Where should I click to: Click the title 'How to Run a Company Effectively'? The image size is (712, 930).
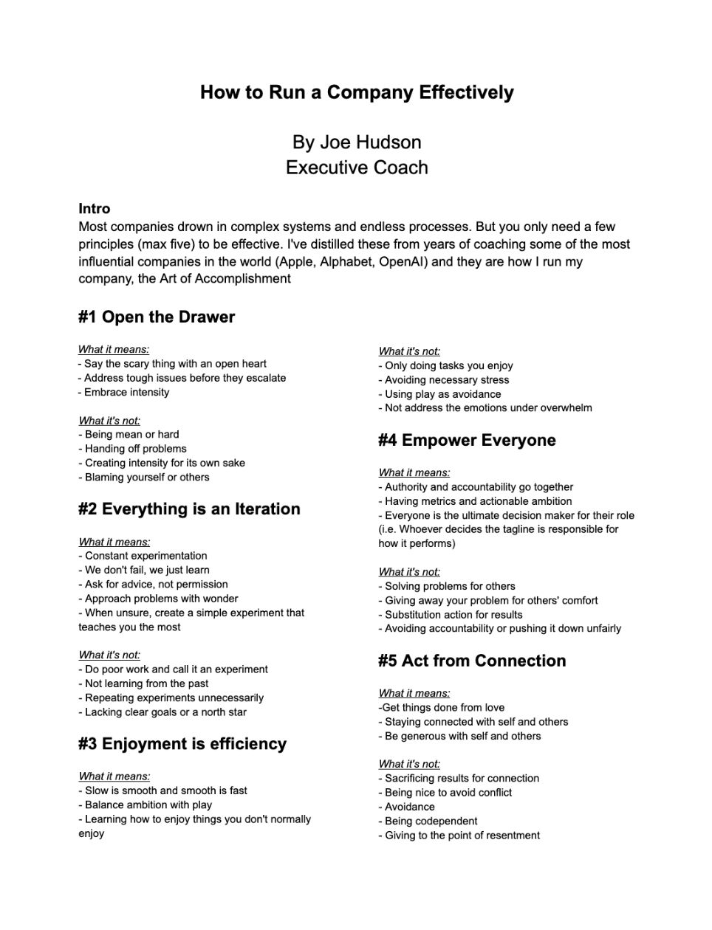point(357,92)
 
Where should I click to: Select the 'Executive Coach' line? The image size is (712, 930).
point(357,168)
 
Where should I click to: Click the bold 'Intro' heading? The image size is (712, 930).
point(94,209)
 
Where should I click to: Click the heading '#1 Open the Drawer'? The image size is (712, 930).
point(157,317)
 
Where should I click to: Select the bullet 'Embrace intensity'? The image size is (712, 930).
point(126,392)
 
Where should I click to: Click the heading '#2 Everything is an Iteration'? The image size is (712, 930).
point(189,509)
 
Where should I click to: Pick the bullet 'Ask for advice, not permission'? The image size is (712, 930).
point(156,584)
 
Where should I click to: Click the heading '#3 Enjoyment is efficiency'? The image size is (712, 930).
point(182,744)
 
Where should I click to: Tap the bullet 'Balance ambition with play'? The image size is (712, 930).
point(148,805)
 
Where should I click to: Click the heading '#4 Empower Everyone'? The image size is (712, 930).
point(467,441)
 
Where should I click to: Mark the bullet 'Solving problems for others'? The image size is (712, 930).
point(450,586)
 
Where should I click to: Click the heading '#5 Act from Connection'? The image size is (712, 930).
point(472,661)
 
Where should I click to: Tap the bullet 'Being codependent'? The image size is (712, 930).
point(431,821)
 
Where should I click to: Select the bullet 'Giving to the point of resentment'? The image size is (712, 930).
point(462,835)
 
